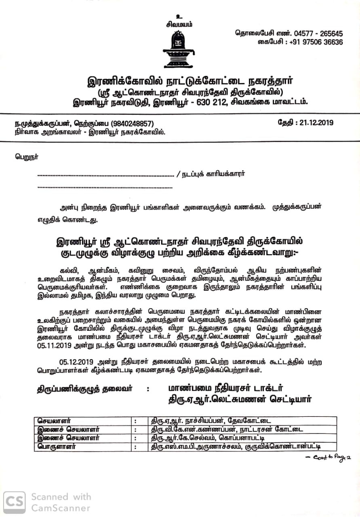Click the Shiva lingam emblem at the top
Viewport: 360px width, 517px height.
click(x=179, y=49)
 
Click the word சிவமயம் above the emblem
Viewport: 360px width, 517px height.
click(x=179, y=24)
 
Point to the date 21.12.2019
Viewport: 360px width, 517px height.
click(x=317, y=122)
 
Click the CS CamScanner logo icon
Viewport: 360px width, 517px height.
click(x=14, y=502)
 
